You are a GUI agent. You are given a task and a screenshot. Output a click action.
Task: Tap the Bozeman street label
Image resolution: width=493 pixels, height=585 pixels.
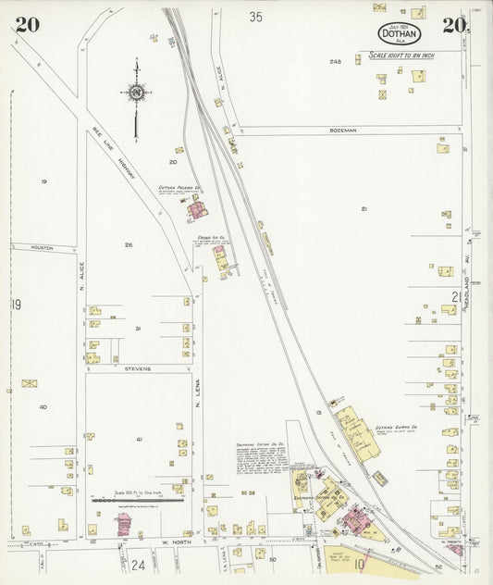tap(342, 131)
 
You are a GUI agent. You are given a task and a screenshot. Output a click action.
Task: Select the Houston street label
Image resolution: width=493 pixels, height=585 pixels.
tap(42, 248)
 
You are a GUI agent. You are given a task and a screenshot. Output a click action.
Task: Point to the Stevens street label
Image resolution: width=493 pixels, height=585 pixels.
tap(137, 368)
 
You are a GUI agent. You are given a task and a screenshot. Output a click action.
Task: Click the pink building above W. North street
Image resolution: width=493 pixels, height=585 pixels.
tap(123, 525)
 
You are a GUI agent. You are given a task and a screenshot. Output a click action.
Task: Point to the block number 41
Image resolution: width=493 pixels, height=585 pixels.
tap(140, 439)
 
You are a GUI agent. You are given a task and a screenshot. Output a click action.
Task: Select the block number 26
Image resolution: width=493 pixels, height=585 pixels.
tap(129, 244)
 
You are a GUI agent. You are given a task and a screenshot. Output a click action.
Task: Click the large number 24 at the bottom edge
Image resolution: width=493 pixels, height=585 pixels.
tap(138, 564)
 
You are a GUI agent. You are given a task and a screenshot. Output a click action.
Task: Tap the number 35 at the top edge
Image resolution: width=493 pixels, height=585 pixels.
tap(255, 16)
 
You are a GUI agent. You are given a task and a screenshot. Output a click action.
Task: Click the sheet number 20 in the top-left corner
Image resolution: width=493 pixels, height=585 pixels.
tap(27, 25)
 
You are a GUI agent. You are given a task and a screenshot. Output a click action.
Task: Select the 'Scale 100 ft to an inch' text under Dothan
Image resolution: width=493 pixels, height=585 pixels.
tap(401, 56)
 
